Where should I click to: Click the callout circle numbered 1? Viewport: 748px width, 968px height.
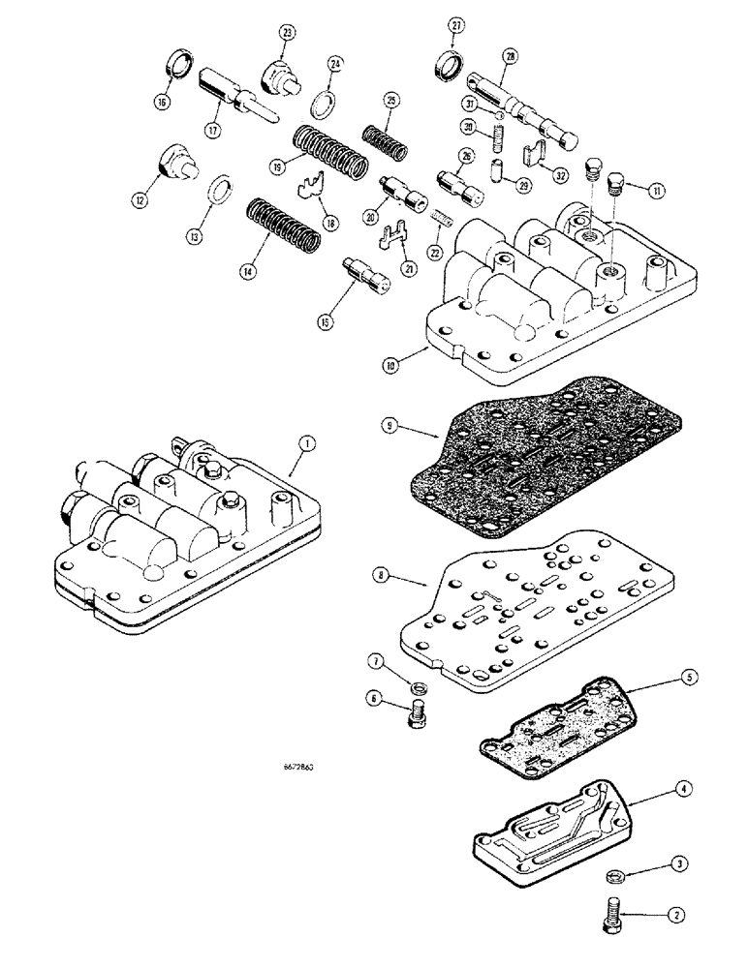click(x=305, y=444)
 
